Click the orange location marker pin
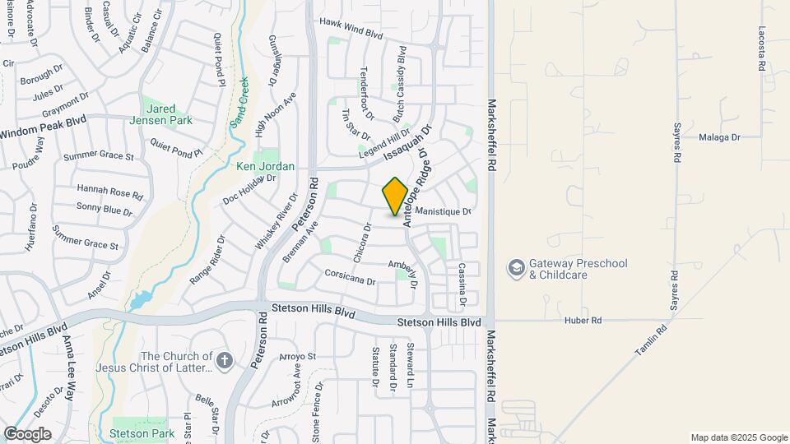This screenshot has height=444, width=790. tap(396, 197)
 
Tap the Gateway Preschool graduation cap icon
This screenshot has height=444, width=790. tap(516, 269)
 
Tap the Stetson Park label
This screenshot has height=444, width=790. tap(142, 433)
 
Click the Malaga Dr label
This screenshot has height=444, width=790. tap(718, 137)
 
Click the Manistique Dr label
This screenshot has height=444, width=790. tap(443, 211)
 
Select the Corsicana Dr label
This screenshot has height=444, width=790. tap(350, 276)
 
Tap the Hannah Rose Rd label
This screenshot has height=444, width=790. tap(109, 192)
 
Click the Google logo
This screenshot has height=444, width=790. tap(27, 433)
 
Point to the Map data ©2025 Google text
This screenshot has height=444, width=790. tap(738, 437)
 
